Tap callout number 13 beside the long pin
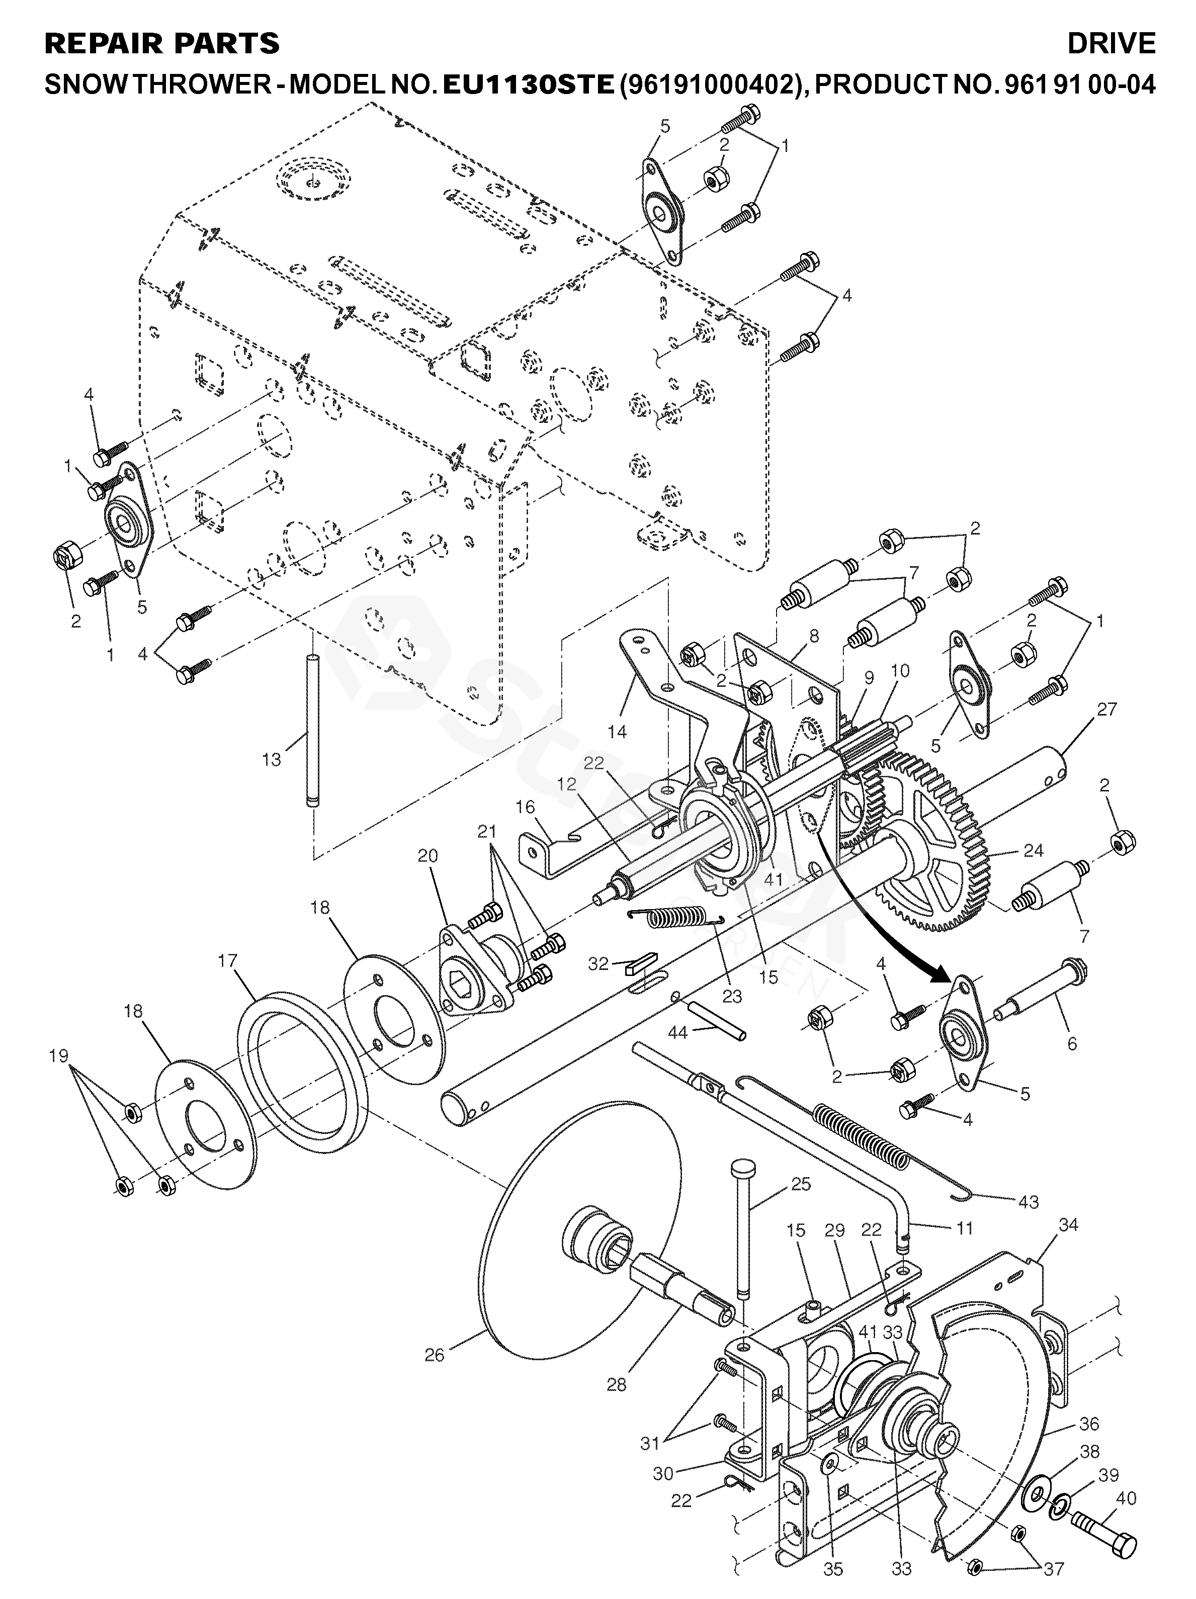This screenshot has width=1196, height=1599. (271, 760)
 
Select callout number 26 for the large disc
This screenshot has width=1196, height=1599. (435, 1354)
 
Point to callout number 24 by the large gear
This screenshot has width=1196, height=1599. (1034, 851)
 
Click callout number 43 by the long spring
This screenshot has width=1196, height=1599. (1028, 1201)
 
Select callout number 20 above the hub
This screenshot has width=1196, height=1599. (428, 857)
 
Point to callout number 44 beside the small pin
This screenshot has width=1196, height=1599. (677, 1034)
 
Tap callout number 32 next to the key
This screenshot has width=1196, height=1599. (598, 963)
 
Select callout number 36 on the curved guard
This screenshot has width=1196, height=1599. (1089, 1424)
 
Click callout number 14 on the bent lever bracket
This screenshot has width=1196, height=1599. (617, 732)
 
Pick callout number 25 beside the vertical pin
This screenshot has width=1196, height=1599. (801, 1185)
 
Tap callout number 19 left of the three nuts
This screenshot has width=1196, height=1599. (58, 1056)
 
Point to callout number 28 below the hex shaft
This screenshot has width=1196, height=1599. (617, 1385)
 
